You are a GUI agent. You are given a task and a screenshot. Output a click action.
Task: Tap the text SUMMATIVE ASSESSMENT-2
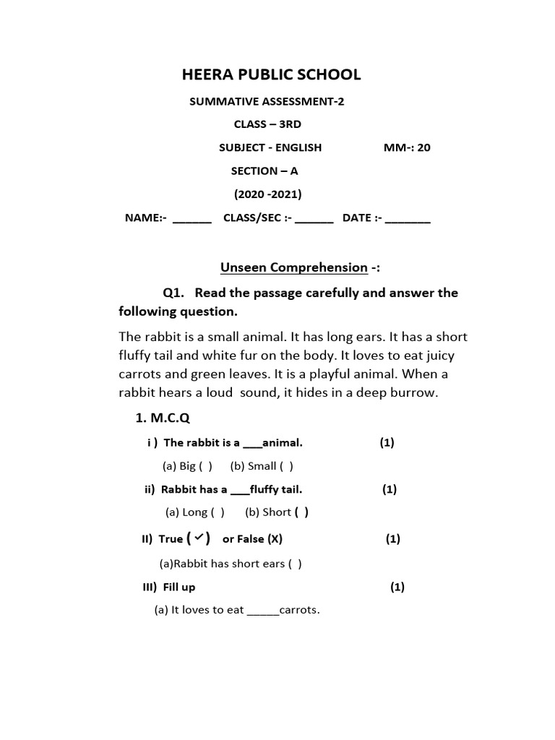267,101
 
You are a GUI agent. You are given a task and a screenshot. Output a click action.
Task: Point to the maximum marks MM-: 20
407,147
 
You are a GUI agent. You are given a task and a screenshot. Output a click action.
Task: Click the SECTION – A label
264,171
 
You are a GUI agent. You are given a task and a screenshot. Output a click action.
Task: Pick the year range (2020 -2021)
267,194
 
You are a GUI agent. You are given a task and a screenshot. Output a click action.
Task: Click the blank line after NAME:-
192,220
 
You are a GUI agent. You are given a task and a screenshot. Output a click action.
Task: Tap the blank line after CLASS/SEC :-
314,220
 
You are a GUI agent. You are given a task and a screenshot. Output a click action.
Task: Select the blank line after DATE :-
408,220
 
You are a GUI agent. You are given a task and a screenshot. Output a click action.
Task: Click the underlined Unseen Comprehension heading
293,267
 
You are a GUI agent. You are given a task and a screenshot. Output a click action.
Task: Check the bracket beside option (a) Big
205,466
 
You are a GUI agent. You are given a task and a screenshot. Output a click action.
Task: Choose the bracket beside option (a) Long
218,512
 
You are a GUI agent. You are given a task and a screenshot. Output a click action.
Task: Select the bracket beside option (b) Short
301,512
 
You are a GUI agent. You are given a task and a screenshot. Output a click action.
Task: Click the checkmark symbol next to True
198,538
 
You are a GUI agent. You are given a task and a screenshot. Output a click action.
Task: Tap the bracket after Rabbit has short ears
295,564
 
